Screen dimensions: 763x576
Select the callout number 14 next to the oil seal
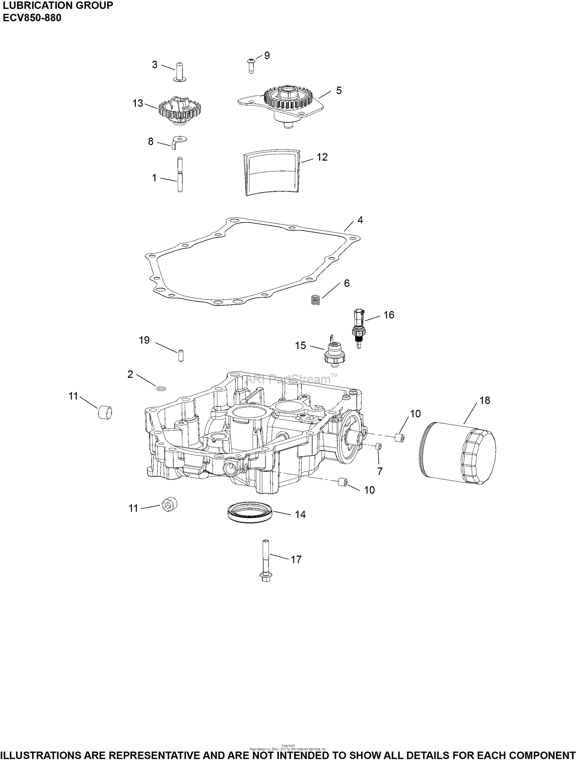click(300, 515)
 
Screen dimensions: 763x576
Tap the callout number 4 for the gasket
click(360, 220)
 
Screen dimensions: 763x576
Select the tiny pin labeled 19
click(179, 355)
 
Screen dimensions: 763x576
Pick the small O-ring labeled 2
click(161, 389)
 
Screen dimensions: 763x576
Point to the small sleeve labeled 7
click(378, 446)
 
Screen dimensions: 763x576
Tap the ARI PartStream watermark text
click(288, 380)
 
